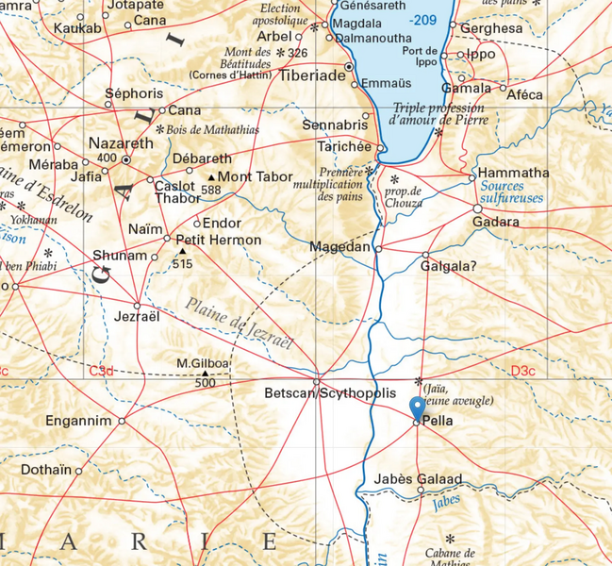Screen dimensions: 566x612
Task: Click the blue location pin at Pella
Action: click(417, 408)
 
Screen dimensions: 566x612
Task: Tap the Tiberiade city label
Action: click(310, 75)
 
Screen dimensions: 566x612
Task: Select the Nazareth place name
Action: click(120, 142)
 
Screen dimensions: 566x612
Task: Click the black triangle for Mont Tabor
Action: click(210, 176)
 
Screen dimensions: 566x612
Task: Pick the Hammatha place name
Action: click(514, 174)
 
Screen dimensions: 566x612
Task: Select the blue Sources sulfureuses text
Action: click(513, 193)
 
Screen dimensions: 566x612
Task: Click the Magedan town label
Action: click(340, 247)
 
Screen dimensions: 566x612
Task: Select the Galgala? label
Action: click(449, 266)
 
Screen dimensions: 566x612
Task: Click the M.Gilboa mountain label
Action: click(203, 364)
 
